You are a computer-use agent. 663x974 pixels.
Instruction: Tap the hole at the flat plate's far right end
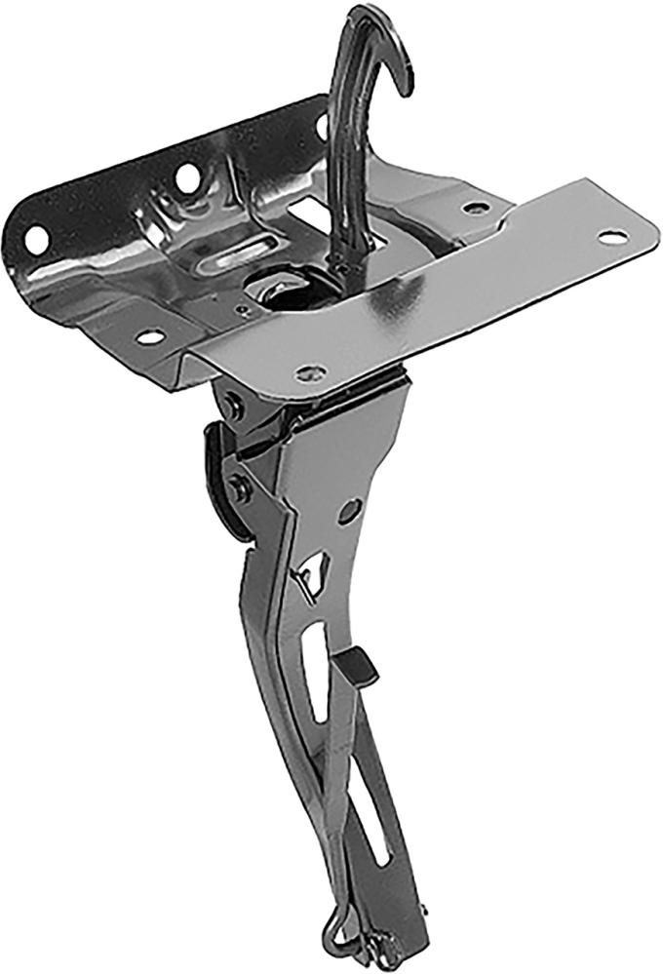(x=611, y=236)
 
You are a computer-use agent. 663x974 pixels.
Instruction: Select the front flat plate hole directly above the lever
(x=310, y=371)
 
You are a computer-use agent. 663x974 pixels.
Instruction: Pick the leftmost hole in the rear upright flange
(x=37, y=238)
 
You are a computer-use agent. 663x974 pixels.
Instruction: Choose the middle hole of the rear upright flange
(x=185, y=177)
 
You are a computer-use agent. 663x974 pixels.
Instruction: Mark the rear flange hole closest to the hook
(x=321, y=125)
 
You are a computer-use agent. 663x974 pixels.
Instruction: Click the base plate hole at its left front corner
(x=149, y=337)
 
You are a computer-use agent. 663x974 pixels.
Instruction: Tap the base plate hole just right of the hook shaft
(x=475, y=208)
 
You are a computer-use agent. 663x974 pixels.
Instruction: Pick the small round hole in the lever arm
(x=349, y=510)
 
